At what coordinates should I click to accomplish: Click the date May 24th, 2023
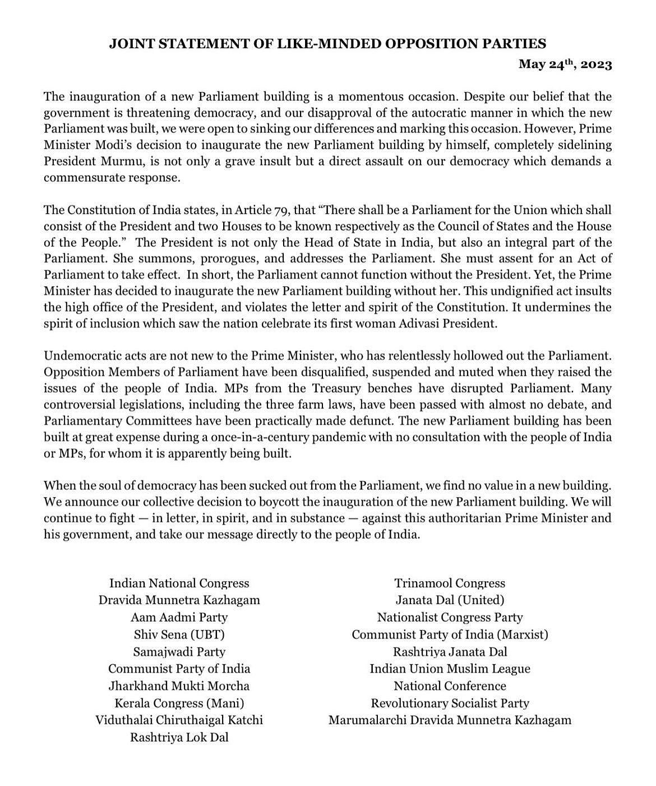[565, 64]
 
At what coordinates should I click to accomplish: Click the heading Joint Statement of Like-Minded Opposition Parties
[327, 43]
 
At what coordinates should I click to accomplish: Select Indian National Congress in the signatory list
[179, 583]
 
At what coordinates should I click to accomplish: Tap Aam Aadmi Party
[179, 618]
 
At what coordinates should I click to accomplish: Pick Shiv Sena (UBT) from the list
[179, 635]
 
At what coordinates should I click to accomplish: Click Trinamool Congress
[450, 583]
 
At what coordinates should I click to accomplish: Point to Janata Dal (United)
[450, 600]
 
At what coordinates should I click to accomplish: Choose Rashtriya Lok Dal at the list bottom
[179, 737]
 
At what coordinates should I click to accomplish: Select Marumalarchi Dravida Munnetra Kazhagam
[450, 720]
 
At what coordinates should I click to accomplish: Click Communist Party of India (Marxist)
[450, 635]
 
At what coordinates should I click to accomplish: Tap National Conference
[450, 686]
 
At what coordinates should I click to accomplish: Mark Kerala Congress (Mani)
[179, 703]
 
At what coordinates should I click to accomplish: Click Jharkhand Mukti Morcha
[179, 686]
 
